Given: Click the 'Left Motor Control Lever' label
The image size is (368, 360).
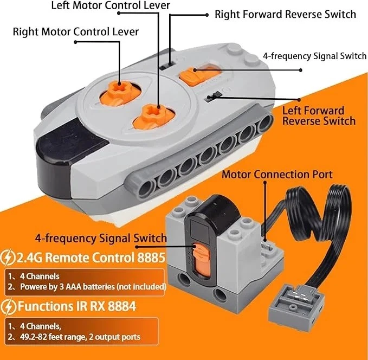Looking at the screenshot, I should pyautogui.click(x=111, y=6).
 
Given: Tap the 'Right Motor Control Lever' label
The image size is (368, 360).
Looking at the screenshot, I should pyautogui.click(x=76, y=31).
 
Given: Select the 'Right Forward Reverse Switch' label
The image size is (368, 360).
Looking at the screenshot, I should pyautogui.click(x=285, y=14).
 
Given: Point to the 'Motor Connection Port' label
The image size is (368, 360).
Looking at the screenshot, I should pyautogui.click(x=277, y=175).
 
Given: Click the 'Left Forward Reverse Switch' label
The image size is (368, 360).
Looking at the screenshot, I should pyautogui.click(x=319, y=115).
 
